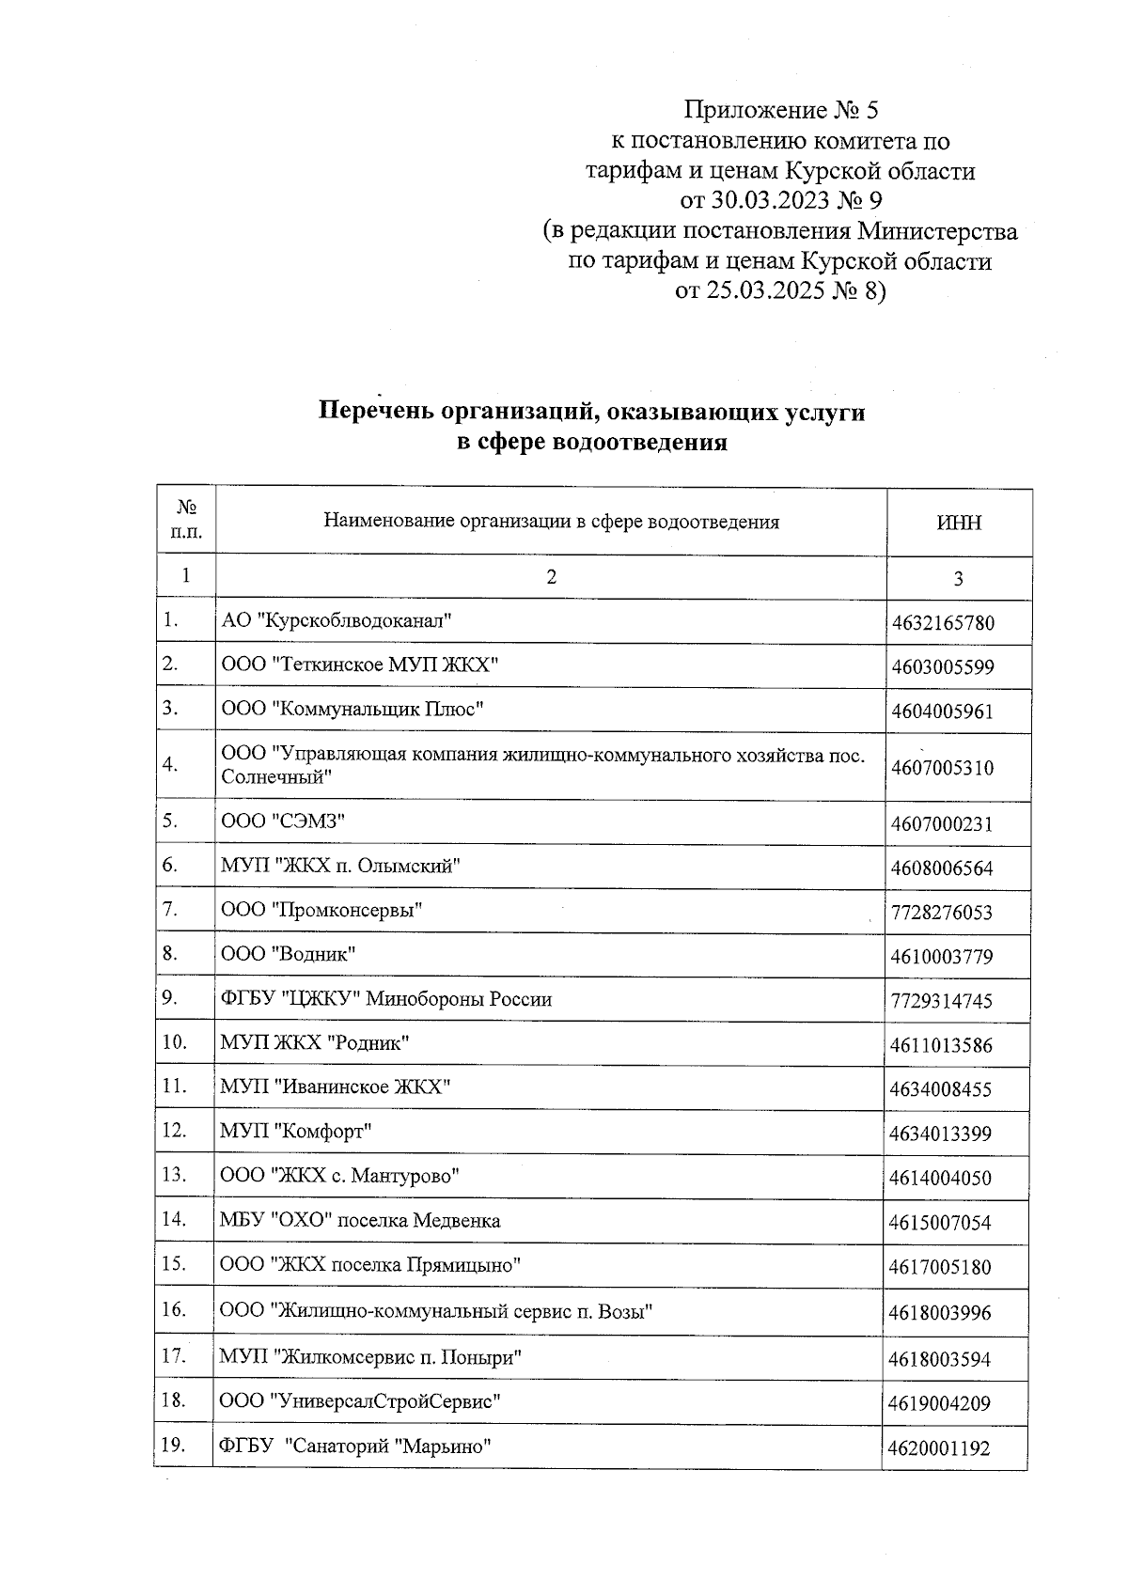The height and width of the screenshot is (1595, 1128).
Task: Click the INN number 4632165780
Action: click(x=943, y=623)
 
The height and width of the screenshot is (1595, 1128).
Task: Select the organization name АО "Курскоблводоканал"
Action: click(x=337, y=620)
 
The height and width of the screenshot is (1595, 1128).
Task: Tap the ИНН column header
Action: click(x=959, y=523)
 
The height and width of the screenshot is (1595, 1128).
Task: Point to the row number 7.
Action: click(x=170, y=909)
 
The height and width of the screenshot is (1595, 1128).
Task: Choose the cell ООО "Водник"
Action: click(x=288, y=954)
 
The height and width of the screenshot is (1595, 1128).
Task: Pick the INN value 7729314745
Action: click(x=941, y=1001)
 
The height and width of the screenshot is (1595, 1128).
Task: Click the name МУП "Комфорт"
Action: click(x=296, y=1131)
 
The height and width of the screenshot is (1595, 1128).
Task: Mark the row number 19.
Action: click(x=173, y=1446)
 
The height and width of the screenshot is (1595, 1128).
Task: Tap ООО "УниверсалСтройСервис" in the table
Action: click(x=360, y=1401)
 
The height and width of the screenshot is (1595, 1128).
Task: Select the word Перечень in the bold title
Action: click(x=376, y=412)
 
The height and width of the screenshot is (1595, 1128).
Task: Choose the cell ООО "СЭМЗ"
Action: click(x=283, y=821)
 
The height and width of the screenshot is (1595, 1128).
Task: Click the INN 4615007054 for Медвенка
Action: click(x=940, y=1223)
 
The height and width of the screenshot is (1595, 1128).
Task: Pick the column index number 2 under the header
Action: click(x=551, y=577)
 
